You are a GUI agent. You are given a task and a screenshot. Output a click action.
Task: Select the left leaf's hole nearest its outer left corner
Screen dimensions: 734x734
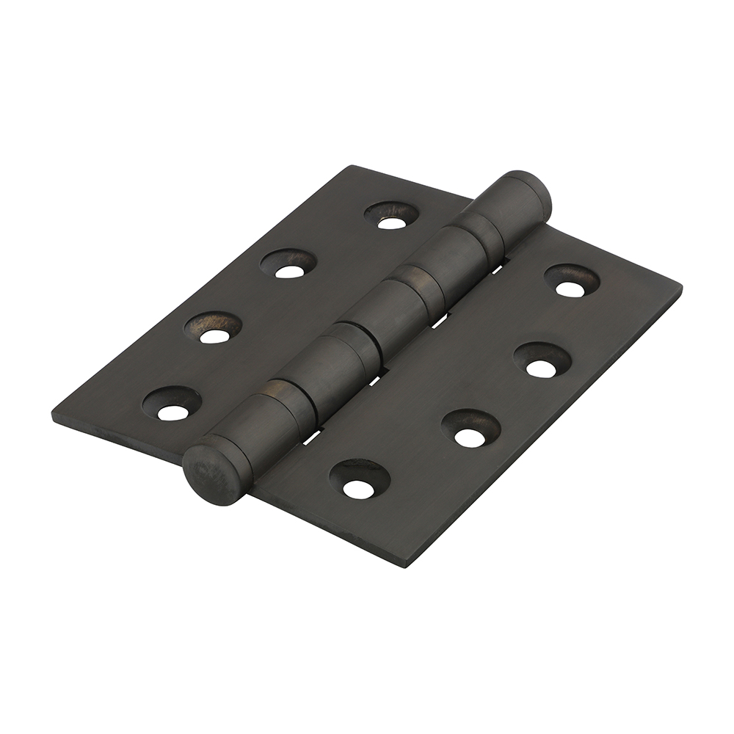[x=172, y=410]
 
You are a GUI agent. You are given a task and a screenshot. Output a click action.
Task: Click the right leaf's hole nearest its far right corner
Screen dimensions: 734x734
[x=571, y=287]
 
